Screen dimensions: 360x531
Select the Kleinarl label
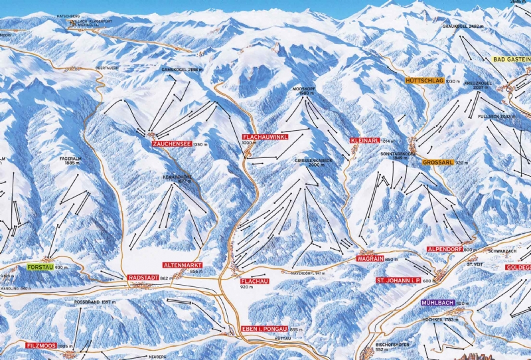364,141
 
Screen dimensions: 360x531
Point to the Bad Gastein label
511,59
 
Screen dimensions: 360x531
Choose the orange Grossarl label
437,163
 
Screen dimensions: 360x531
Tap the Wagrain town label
369,259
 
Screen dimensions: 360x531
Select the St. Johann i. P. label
398,281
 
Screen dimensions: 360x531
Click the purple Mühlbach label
437,303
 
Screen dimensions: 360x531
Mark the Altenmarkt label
183,265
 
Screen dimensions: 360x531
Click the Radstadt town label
142,278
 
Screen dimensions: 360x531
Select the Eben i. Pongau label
264,329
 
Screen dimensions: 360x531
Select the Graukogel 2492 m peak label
463,27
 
